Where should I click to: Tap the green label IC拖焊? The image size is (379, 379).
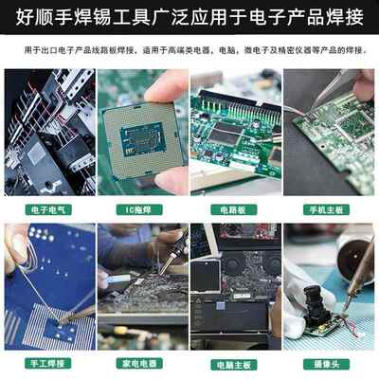[142, 208]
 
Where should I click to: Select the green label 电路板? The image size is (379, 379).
[235, 208]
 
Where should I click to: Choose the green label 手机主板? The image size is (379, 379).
[329, 208]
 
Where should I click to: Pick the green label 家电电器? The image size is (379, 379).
[142, 363]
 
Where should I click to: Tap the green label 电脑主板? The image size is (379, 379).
[235, 363]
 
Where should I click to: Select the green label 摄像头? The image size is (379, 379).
[329, 363]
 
